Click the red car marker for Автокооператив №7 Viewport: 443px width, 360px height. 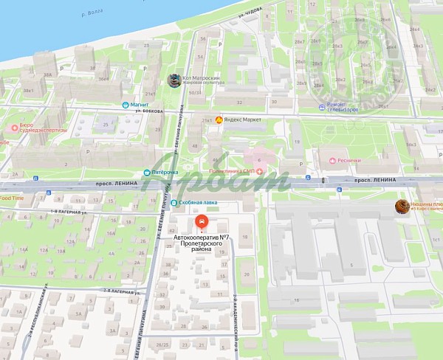(x=199, y=221)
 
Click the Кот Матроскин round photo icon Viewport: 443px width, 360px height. (x=173, y=80)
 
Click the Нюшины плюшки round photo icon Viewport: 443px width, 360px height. (x=402, y=206)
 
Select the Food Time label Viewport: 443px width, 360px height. (x=10, y=198)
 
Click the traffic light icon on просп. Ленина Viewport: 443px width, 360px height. (x=323, y=180)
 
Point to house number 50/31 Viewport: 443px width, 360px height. (x=195, y=93)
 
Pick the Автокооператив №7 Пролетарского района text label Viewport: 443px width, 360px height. (x=200, y=243)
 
